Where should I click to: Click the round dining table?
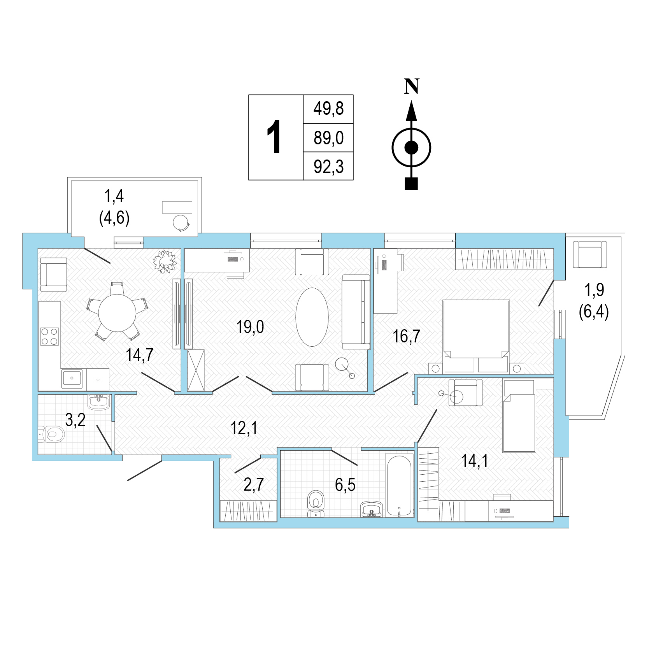point(117,312)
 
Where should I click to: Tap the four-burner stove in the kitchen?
point(49,337)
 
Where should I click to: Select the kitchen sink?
point(72,379)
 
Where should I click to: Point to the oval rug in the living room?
point(312,317)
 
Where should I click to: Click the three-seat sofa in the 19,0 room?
point(356,312)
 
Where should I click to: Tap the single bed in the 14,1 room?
point(519,416)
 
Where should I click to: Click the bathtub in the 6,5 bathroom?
point(399,485)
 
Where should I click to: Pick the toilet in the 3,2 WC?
point(52,434)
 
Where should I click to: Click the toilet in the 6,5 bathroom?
point(316,503)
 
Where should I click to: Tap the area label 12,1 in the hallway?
point(244,428)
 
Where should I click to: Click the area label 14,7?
point(140,355)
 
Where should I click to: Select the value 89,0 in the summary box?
point(329,138)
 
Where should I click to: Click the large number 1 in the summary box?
point(274,137)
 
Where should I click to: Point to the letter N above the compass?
point(412,86)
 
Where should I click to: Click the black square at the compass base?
point(411,184)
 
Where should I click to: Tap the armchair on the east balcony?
point(590,254)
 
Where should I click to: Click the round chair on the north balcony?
point(181,223)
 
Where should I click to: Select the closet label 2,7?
point(254,484)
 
